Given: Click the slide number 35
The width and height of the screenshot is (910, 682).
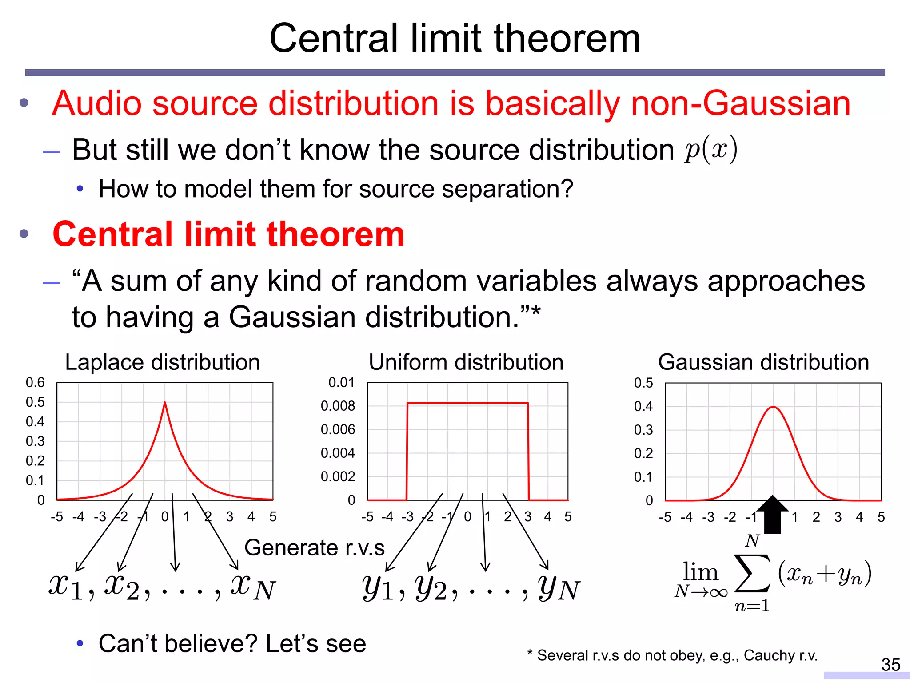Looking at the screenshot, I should pos(890,665).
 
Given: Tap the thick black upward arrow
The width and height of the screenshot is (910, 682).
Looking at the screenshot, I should pos(773,515).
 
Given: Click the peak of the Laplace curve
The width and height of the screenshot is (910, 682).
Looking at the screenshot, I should pos(165,403).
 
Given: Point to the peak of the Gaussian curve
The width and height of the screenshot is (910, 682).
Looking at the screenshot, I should pos(773,407).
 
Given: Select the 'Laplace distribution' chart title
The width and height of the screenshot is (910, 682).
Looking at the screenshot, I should pos(162,362).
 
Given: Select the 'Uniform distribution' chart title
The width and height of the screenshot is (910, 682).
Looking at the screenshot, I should pos(466,362).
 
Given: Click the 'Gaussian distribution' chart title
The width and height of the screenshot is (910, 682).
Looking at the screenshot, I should pos(763,362).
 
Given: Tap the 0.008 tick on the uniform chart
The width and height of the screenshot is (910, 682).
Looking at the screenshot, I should pos(338,406).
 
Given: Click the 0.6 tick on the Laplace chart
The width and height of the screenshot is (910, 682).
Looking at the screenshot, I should pos(35,382).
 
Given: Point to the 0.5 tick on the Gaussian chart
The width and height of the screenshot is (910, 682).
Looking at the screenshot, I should pos(643,383).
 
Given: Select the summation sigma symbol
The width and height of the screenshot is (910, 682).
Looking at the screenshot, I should pos(752,574).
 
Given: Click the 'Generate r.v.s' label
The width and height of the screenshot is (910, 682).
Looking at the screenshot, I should pos(314,547).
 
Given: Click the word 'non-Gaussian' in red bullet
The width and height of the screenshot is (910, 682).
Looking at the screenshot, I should pos(740,103).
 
